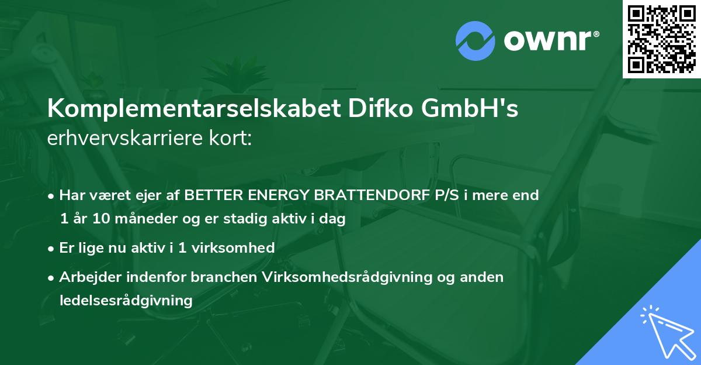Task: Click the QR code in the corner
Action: tap(662, 39)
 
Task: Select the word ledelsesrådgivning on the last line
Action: tap(126, 301)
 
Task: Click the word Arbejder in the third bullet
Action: tap(86, 277)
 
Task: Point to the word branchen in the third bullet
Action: tap(221, 277)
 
